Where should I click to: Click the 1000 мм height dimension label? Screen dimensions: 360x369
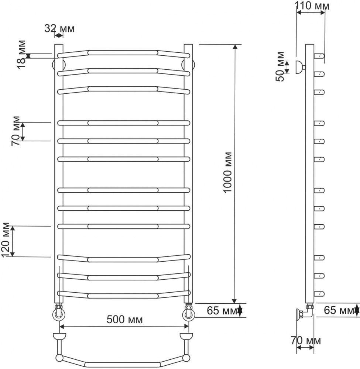(227, 173)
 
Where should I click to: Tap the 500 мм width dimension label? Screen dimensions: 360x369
(124, 319)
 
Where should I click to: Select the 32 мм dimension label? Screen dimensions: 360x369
(59, 28)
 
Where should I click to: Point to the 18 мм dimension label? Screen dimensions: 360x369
(21, 54)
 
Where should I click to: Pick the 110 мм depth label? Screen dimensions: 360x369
(312, 6)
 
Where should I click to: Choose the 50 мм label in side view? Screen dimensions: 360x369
(280, 66)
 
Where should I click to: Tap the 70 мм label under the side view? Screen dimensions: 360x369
(306, 340)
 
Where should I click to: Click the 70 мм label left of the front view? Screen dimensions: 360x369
(16, 131)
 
